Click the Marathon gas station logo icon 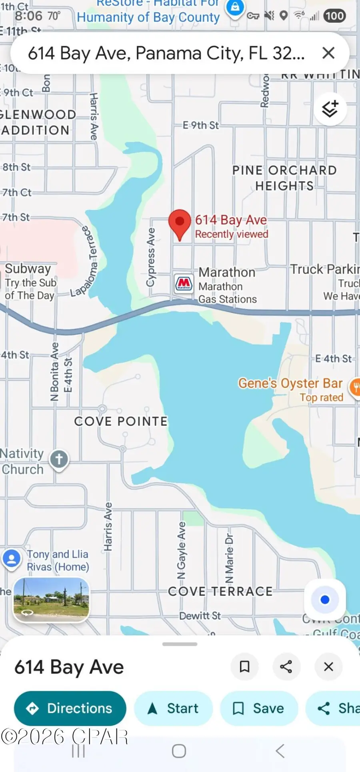pyautogui.click(x=184, y=284)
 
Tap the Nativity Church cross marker pyautogui.click(x=59, y=459)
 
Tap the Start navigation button pyautogui.click(x=173, y=708)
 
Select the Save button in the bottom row pyautogui.click(x=259, y=708)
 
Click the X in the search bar pyautogui.click(x=328, y=53)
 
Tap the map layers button pyautogui.click(x=330, y=109)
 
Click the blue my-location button pyautogui.click(x=325, y=600)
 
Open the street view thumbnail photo pyautogui.click(x=51, y=599)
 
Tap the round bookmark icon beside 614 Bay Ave pyautogui.click(x=244, y=666)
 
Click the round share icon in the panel pyautogui.click(x=286, y=666)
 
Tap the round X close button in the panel pyautogui.click(x=328, y=666)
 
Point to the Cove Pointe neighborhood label pyautogui.click(x=121, y=421)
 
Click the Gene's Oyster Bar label pyautogui.click(x=290, y=383)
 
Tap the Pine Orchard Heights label pyautogui.click(x=284, y=178)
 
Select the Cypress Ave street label pyautogui.click(x=151, y=257)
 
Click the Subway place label pyautogui.click(x=28, y=269)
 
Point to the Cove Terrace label pyautogui.click(x=220, y=591)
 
